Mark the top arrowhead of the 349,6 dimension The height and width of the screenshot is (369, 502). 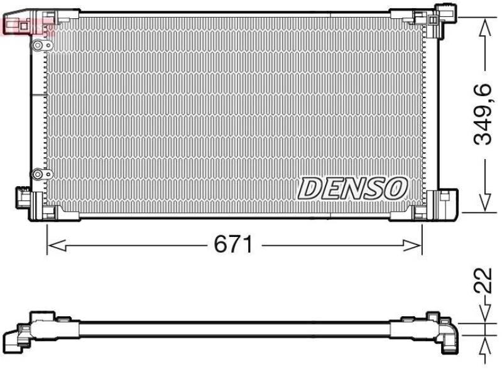484,26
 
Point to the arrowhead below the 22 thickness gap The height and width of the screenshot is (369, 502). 484,343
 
